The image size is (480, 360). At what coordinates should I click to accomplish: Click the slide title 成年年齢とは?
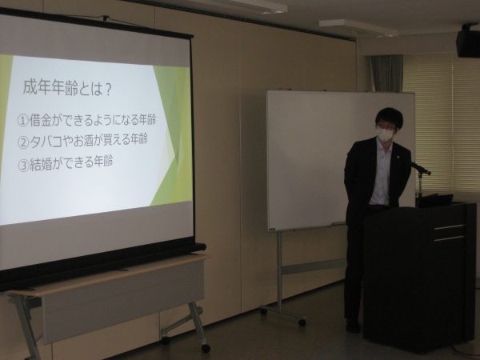(x=66, y=87)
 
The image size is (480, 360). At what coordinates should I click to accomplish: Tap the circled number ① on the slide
(x=23, y=122)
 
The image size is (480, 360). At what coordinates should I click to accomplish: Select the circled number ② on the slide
(x=23, y=142)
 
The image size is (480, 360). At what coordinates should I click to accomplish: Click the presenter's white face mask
(x=385, y=133)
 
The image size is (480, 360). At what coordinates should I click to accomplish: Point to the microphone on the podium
(x=421, y=167)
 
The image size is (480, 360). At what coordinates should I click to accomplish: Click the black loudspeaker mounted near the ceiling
(x=468, y=43)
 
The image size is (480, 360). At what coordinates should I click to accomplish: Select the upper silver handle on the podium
(x=449, y=227)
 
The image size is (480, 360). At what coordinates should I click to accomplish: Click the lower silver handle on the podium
(x=449, y=238)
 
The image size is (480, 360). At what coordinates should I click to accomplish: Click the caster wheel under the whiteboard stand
(x=302, y=322)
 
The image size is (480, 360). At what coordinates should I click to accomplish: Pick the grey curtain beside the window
(x=386, y=74)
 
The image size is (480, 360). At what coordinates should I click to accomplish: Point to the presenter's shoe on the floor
(x=353, y=326)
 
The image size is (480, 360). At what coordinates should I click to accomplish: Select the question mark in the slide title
(x=107, y=90)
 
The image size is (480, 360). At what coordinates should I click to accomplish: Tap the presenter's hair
(x=389, y=116)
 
